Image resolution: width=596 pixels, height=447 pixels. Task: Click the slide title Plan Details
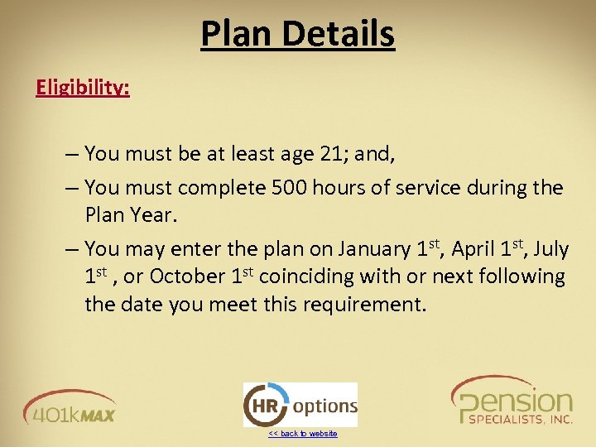pos(297,34)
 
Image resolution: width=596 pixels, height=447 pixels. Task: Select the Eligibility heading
pos(83,87)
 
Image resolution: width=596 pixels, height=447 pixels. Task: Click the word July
pos(551,248)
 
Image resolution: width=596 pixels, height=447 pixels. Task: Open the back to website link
pos(302,434)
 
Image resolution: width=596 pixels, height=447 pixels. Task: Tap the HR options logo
pos(300,405)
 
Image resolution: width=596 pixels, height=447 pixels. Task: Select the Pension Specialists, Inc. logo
pos(512,401)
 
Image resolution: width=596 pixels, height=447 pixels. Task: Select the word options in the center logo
pos(324,406)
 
